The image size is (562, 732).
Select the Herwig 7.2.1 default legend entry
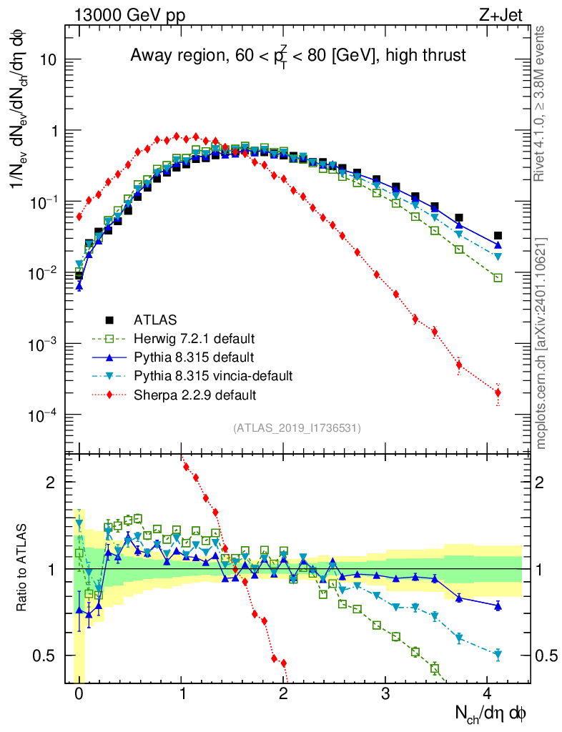coord(194,338)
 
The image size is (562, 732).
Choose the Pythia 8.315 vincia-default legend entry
coord(213,375)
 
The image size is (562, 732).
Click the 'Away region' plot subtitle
coord(298,55)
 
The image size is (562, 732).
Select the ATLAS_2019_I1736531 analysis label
coord(297,428)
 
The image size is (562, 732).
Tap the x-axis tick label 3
coord(385,694)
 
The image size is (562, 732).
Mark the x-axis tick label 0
coord(79,694)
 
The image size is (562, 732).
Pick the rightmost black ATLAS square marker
coord(498,235)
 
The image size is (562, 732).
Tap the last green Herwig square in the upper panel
coord(498,277)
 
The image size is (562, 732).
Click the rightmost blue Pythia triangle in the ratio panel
coord(498,606)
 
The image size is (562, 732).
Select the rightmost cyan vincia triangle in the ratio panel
coord(498,654)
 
